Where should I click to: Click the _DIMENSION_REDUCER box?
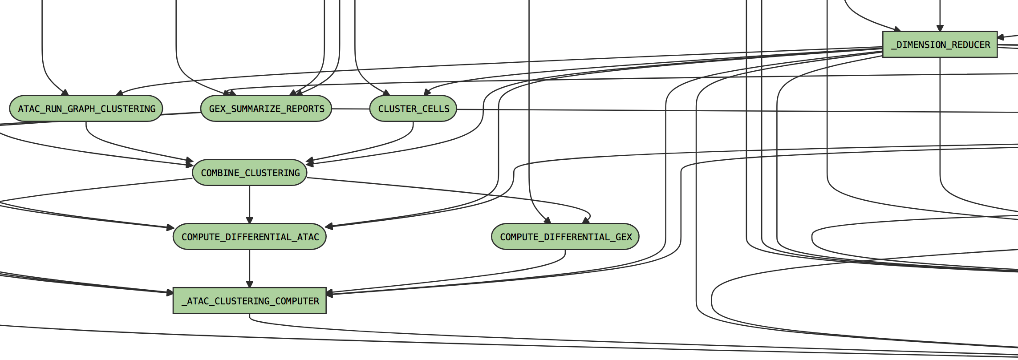pyautogui.click(x=940, y=44)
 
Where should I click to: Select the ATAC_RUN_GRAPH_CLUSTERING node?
pyautogui.click(x=86, y=109)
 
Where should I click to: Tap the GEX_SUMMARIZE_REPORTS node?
pyautogui.click(x=266, y=109)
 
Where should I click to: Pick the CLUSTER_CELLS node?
pyautogui.click(x=413, y=109)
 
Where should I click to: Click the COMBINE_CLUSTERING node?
pyautogui.click(x=250, y=173)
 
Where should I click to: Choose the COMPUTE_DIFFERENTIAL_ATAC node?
pyautogui.click(x=250, y=237)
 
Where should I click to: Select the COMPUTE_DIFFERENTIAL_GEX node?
pyautogui.click(x=565, y=237)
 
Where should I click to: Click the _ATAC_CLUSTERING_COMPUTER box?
pyautogui.click(x=250, y=301)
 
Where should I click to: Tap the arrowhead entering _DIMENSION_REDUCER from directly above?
pyautogui.click(x=940, y=28)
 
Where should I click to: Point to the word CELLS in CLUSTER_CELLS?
pyautogui.click(x=436, y=109)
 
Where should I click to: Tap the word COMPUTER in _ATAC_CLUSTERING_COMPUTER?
pyautogui.click(x=297, y=301)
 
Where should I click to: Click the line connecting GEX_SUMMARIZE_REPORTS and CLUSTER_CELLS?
pyautogui.click(x=351, y=109)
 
